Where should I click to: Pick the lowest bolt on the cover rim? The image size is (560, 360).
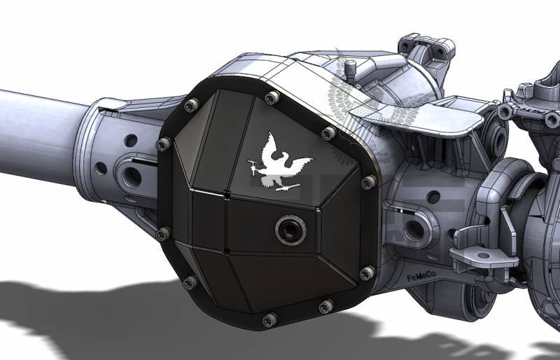pyautogui.click(x=269, y=320)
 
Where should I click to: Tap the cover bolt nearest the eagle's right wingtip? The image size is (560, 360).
pyautogui.click(x=328, y=132)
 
